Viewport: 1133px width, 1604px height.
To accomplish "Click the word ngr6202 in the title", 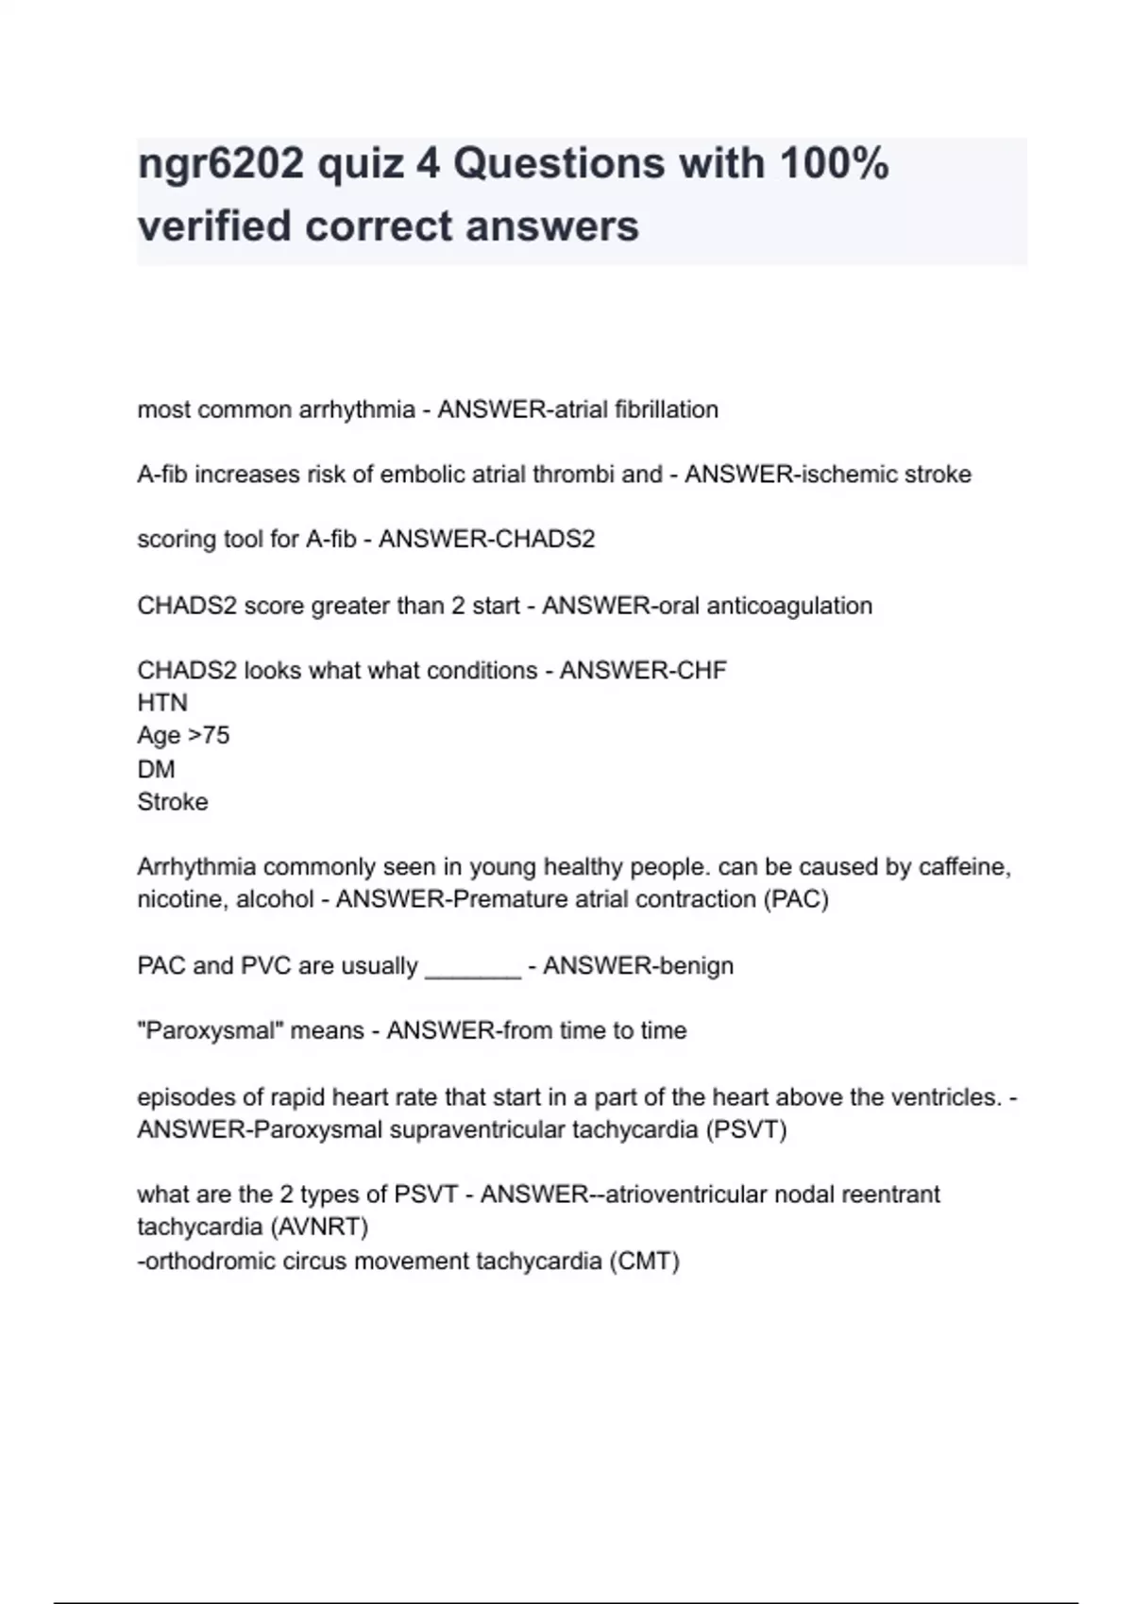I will pyautogui.click(x=220, y=165).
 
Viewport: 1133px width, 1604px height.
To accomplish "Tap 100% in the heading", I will pyautogui.click(x=834, y=163).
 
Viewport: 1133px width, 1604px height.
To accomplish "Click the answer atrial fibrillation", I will pyautogui.click(x=626, y=409).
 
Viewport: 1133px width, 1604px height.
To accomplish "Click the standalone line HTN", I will pyautogui.click(x=162, y=703).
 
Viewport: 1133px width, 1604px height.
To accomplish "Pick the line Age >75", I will pyautogui.click(x=183, y=736).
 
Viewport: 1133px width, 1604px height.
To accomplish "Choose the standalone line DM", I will pyautogui.click(x=156, y=769).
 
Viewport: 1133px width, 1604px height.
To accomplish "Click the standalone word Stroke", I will pyautogui.click(x=173, y=802).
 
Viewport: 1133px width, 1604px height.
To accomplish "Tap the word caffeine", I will pyautogui.click(x=966, y=867).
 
